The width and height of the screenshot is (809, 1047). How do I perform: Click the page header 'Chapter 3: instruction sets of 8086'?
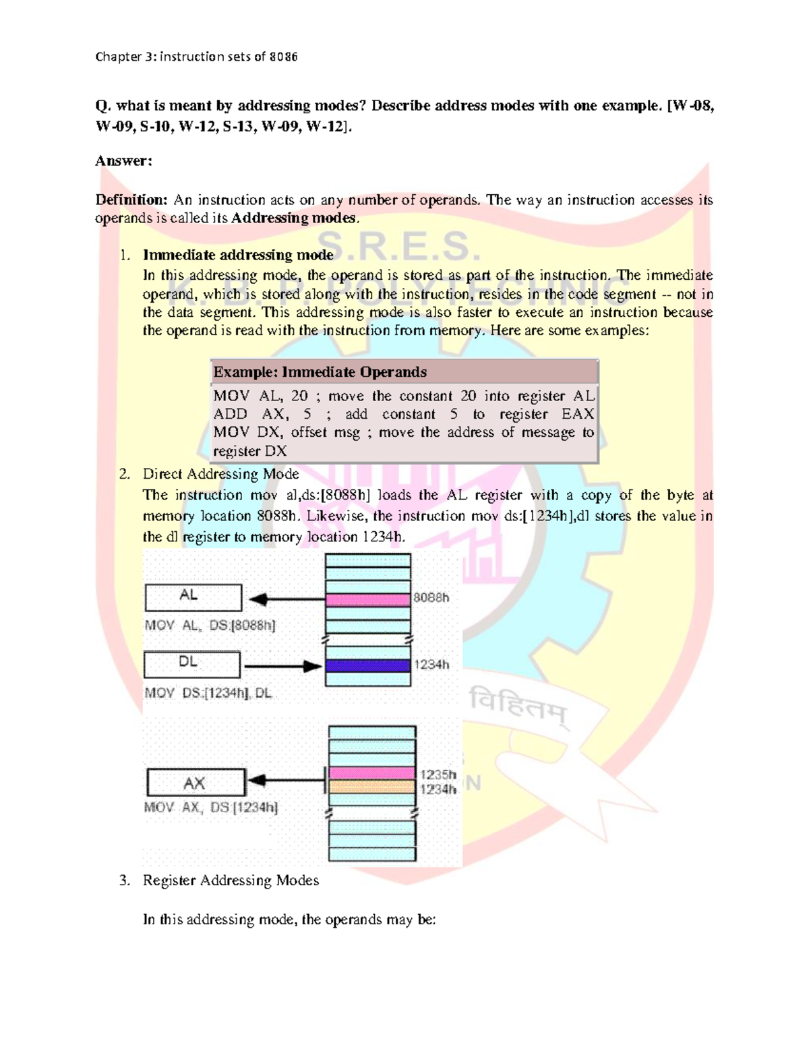tap(196, 57)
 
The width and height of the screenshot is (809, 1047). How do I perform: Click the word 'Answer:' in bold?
tap(123, 160)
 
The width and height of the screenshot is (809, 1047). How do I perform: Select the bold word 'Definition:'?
tap(131, 200)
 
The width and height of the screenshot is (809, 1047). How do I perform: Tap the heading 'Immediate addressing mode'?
tap(238, 255)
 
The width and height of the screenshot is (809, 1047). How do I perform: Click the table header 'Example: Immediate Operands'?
tap(320, 372)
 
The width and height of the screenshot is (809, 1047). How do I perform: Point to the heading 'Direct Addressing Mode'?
tap(220, 474)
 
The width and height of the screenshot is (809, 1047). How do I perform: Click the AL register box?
tap(193, 597)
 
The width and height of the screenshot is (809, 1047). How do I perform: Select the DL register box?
tap(192, 664)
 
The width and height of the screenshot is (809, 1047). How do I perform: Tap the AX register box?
tap(196, 783)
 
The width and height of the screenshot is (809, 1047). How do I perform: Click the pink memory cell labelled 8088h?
tap(368, 599)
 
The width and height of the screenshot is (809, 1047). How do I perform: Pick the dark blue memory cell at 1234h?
tap(368, 666)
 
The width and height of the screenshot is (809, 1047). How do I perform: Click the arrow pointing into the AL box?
tap(287, 599)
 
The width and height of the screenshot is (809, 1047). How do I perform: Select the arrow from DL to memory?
tap(282, 666)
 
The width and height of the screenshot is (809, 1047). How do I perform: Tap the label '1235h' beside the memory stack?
tap(438, 775)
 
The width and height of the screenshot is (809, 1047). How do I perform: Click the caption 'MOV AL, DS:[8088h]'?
tap(210, 626)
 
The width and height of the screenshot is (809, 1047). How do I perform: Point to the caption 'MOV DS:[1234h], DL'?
tap(208, 693)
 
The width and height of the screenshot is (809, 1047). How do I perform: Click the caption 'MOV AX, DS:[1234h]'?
tap(211, 807)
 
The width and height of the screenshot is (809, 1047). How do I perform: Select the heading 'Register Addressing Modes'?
tap(231, 880)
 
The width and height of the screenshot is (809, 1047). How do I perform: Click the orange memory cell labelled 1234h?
tap(371, 787)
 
